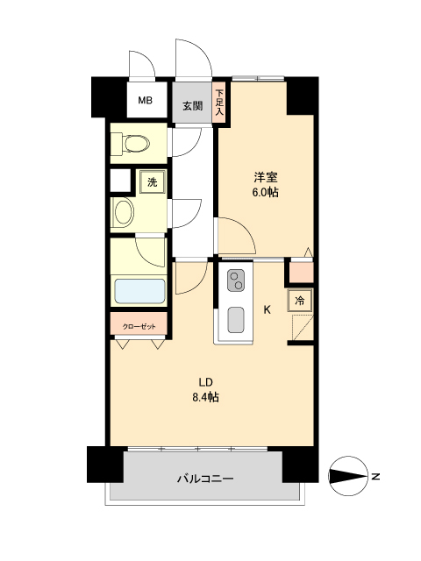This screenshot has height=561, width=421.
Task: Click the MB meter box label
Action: [x=145, y=101]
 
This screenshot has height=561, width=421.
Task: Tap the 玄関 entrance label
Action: [x=193, y=106]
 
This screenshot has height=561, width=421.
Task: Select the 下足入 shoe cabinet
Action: [x=220, y=101]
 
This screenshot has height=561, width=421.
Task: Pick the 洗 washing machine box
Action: [x=153, y=182]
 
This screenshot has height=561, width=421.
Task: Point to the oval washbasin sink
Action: [x=124, y=213]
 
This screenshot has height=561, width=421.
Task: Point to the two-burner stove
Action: [x=237, y=280]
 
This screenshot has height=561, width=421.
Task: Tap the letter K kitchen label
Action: [x=268, y=309]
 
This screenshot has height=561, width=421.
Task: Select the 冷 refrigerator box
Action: [x=301, y=302]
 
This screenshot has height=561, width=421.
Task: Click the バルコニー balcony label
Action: [x=205, y=479]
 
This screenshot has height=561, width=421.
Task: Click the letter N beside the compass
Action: [x=375, y=477]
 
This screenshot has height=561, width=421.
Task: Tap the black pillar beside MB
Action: [x=108, y=96]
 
